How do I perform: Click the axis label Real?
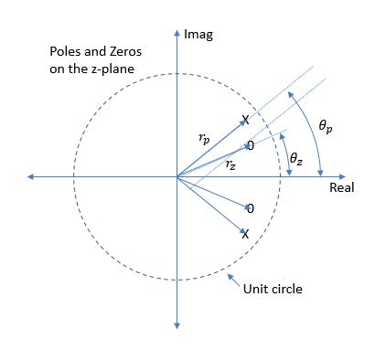tap(342, 186)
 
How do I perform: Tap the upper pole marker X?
tap(245, 120)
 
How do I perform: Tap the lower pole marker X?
tap(245, 234)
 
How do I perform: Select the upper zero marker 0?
tap(249, 146)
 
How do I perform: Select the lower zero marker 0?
tap(249, 209)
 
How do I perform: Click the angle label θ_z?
tap(295, 158)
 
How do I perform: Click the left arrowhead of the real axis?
tap(34, 176)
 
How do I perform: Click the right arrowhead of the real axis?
tap(348, 176)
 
